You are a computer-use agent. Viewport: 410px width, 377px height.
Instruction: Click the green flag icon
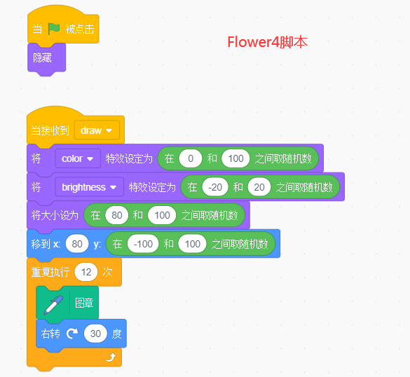pyautogui.click(x=54, y=29)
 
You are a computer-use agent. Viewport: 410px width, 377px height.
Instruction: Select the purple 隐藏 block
pyautogui.click(x=43, y=57)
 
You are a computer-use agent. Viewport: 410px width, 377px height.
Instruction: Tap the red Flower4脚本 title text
pyautogui.click(x=268, y=42)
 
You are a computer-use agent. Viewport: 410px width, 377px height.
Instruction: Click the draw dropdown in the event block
pyautogui.click(x=97, y=130)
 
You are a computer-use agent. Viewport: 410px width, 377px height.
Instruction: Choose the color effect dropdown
pyautogui.click(x=78, y=158)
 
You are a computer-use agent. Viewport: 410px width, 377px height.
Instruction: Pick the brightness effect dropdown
pyautogui.click(x=89, y=187)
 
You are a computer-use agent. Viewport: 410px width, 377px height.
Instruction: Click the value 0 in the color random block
pyautogui.click(x=190, y=158)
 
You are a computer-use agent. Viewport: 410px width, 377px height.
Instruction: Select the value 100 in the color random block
pyautogui.click(x=236, y=158)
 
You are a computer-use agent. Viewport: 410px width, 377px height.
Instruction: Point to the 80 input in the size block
pyautogui.click(x=116, y=215)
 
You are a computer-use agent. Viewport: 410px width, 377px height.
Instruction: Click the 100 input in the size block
pyautogui.click(x=163, y=215)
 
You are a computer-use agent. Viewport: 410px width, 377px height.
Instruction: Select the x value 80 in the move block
pyautogui.click(x=76, y=244)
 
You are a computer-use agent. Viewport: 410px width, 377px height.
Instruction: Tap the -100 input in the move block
pyautogui.click(x=143, y=244)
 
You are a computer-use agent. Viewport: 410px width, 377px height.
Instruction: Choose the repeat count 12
pyautogui.click(x=88, y=272)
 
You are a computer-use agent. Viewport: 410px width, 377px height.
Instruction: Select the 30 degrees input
pyautogui.click(x=95, y=334)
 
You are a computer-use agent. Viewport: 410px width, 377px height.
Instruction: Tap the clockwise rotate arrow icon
pyautogui.click(x=71, y=334)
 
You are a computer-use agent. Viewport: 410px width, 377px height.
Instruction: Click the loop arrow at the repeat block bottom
pyautogui.click(x=110, y=358)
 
